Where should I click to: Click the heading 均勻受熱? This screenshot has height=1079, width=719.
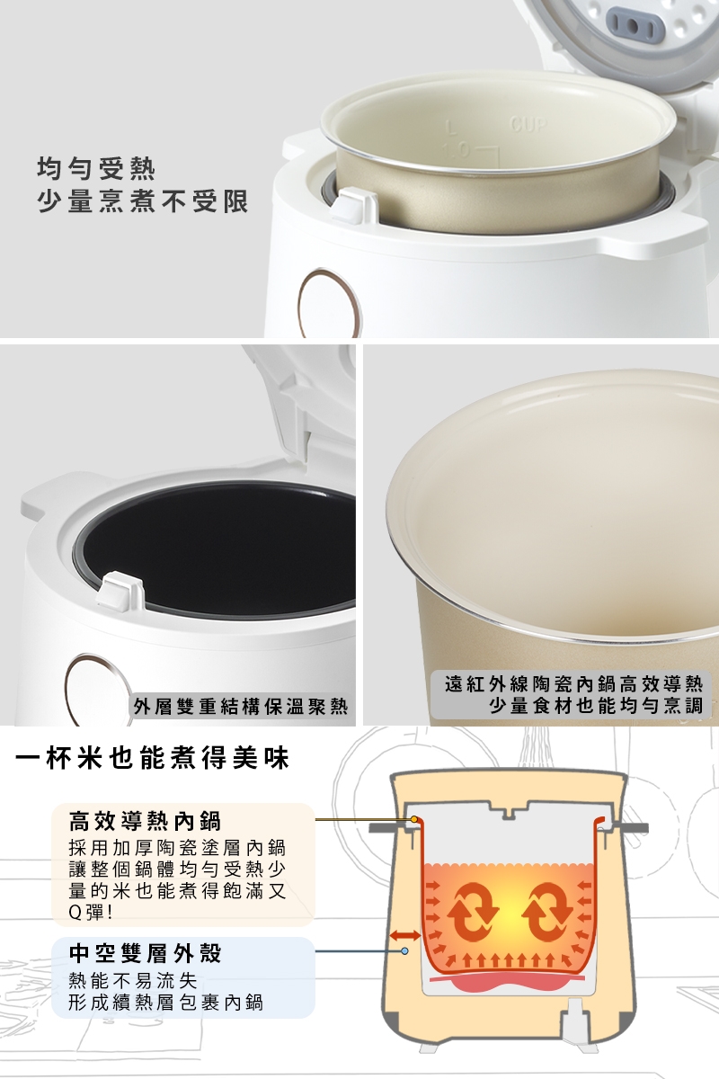click(96, 169)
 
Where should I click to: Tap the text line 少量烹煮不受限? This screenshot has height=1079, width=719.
click(143, 201)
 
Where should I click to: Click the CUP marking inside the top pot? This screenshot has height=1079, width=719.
click(528, 125)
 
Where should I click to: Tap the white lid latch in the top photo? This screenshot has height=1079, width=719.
click(353, 205)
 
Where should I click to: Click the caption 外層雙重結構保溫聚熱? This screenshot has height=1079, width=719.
click(241, 706)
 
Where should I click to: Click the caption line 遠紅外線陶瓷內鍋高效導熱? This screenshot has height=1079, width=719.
click(573, 683)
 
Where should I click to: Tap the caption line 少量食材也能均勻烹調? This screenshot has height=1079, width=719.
click(596, 705)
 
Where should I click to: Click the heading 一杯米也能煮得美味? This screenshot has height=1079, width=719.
click(152, 758)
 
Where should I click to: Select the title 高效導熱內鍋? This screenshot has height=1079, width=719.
click(145, 821)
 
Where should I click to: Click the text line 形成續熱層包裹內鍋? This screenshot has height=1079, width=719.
click(165, 1003)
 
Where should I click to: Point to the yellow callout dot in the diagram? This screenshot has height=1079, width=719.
click(413, 819)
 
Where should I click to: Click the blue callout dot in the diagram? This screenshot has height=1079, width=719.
click(404, 951)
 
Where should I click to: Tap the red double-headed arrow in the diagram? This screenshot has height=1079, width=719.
click(404, 935)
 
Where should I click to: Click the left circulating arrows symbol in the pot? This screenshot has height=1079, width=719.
click(473, 913)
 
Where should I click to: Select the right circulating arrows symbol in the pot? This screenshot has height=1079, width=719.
click(547, 913)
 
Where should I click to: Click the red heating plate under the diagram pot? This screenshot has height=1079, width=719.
click(509, 980)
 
